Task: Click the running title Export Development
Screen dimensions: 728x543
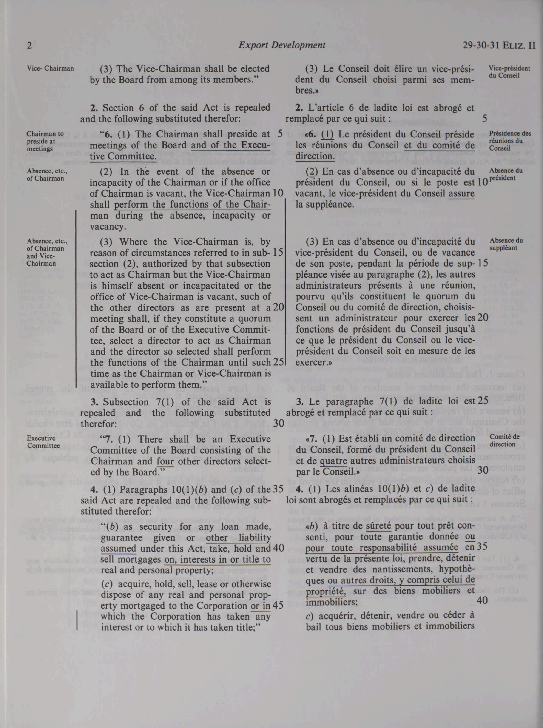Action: click(282, 45)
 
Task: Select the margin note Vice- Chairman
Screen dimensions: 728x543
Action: click(50, 69)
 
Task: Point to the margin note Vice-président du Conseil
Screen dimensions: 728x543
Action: click(509, 72)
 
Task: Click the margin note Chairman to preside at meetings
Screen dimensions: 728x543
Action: click(45, 141)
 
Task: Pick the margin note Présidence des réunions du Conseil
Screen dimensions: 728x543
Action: click(505, 141)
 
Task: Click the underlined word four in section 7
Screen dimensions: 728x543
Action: click(165, 461)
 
